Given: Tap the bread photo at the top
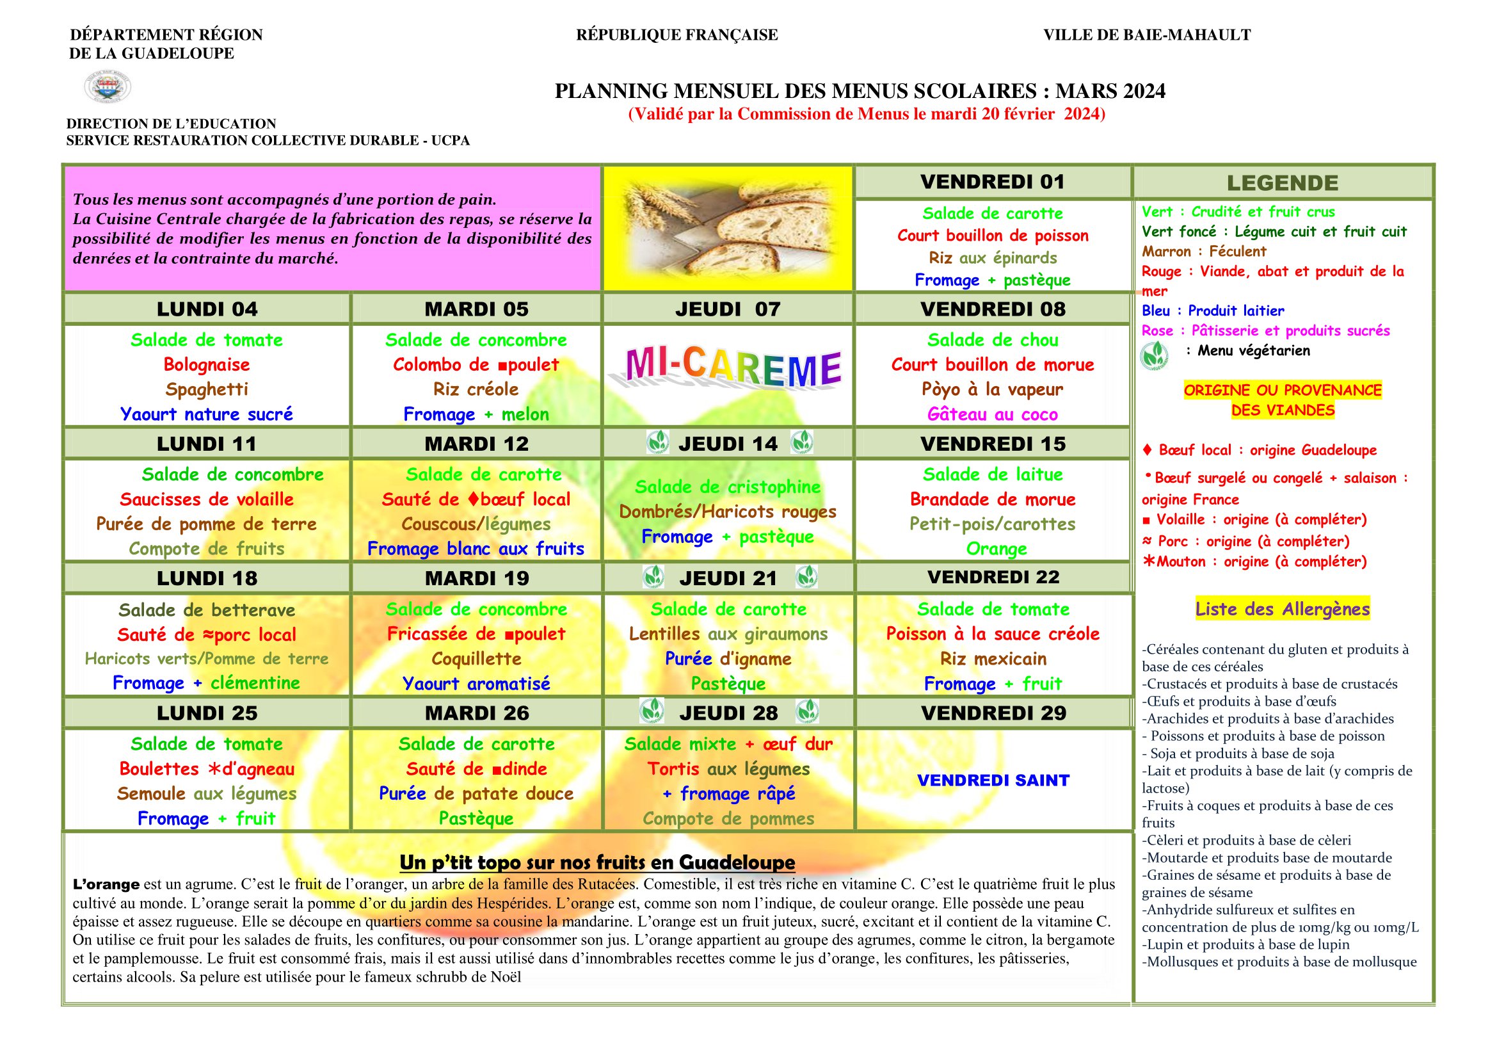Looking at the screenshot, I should click(728, 227).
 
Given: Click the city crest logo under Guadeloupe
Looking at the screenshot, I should click(108, 87).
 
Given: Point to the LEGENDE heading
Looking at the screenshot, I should click(1282, 183).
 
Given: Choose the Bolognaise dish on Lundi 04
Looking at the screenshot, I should click(207, 364).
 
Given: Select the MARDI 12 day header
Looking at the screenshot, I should click(477, 444).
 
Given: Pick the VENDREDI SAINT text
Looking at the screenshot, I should click(993, 780).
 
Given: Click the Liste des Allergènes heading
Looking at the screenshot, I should click(1282, 609).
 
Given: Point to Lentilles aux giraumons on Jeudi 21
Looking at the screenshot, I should click(728, 634).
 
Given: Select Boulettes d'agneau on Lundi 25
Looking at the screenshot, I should click(207, 769).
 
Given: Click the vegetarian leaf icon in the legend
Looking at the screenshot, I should click(1154, 355).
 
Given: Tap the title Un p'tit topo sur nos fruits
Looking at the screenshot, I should click(596, 862).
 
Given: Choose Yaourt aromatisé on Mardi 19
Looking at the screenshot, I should click(476, 683).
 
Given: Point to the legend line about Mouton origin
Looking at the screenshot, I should click(1254, 562).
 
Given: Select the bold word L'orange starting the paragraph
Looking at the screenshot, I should click(106, 885).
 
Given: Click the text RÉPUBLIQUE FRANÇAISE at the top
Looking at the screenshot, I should click(676, 35).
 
